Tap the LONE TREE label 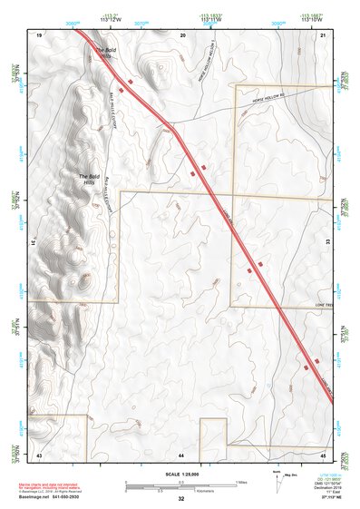coord(324,305)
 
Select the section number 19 coord(40,34)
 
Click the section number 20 coord(182,34)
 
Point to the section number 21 coord(322,34)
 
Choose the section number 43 coord(40,454)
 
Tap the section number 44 coord(181,454)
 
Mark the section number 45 coord(322,454)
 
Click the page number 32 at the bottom coord(181,499)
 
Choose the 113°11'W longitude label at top coord(209,18)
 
